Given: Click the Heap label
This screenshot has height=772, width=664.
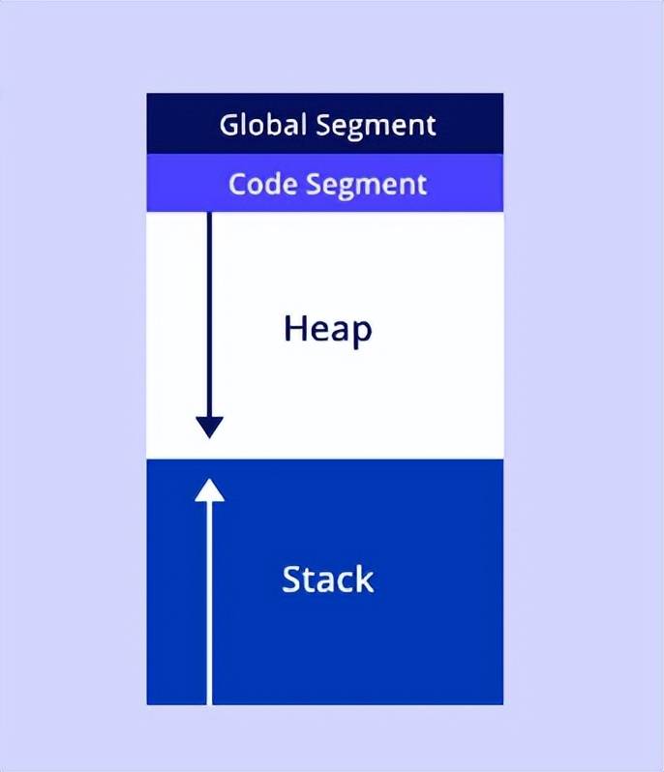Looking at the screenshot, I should (x=327, y=331).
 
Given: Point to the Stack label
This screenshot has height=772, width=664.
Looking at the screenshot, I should (x=327, y=579).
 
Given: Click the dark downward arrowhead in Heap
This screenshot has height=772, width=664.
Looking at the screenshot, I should (x=209, y=427).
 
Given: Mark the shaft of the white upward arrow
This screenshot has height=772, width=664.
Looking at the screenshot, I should (x=209, y=600).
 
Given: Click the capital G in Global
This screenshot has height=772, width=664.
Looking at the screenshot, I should (x=229, y=126).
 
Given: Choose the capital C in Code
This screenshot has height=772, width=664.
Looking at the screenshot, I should (x=237, y=184).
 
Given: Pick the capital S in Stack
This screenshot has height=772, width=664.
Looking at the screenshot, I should (x=291, y=579).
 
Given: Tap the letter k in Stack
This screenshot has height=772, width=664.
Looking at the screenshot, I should (x=364, y=579).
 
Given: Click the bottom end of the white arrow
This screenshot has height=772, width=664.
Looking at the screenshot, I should (x=209, y=700).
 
